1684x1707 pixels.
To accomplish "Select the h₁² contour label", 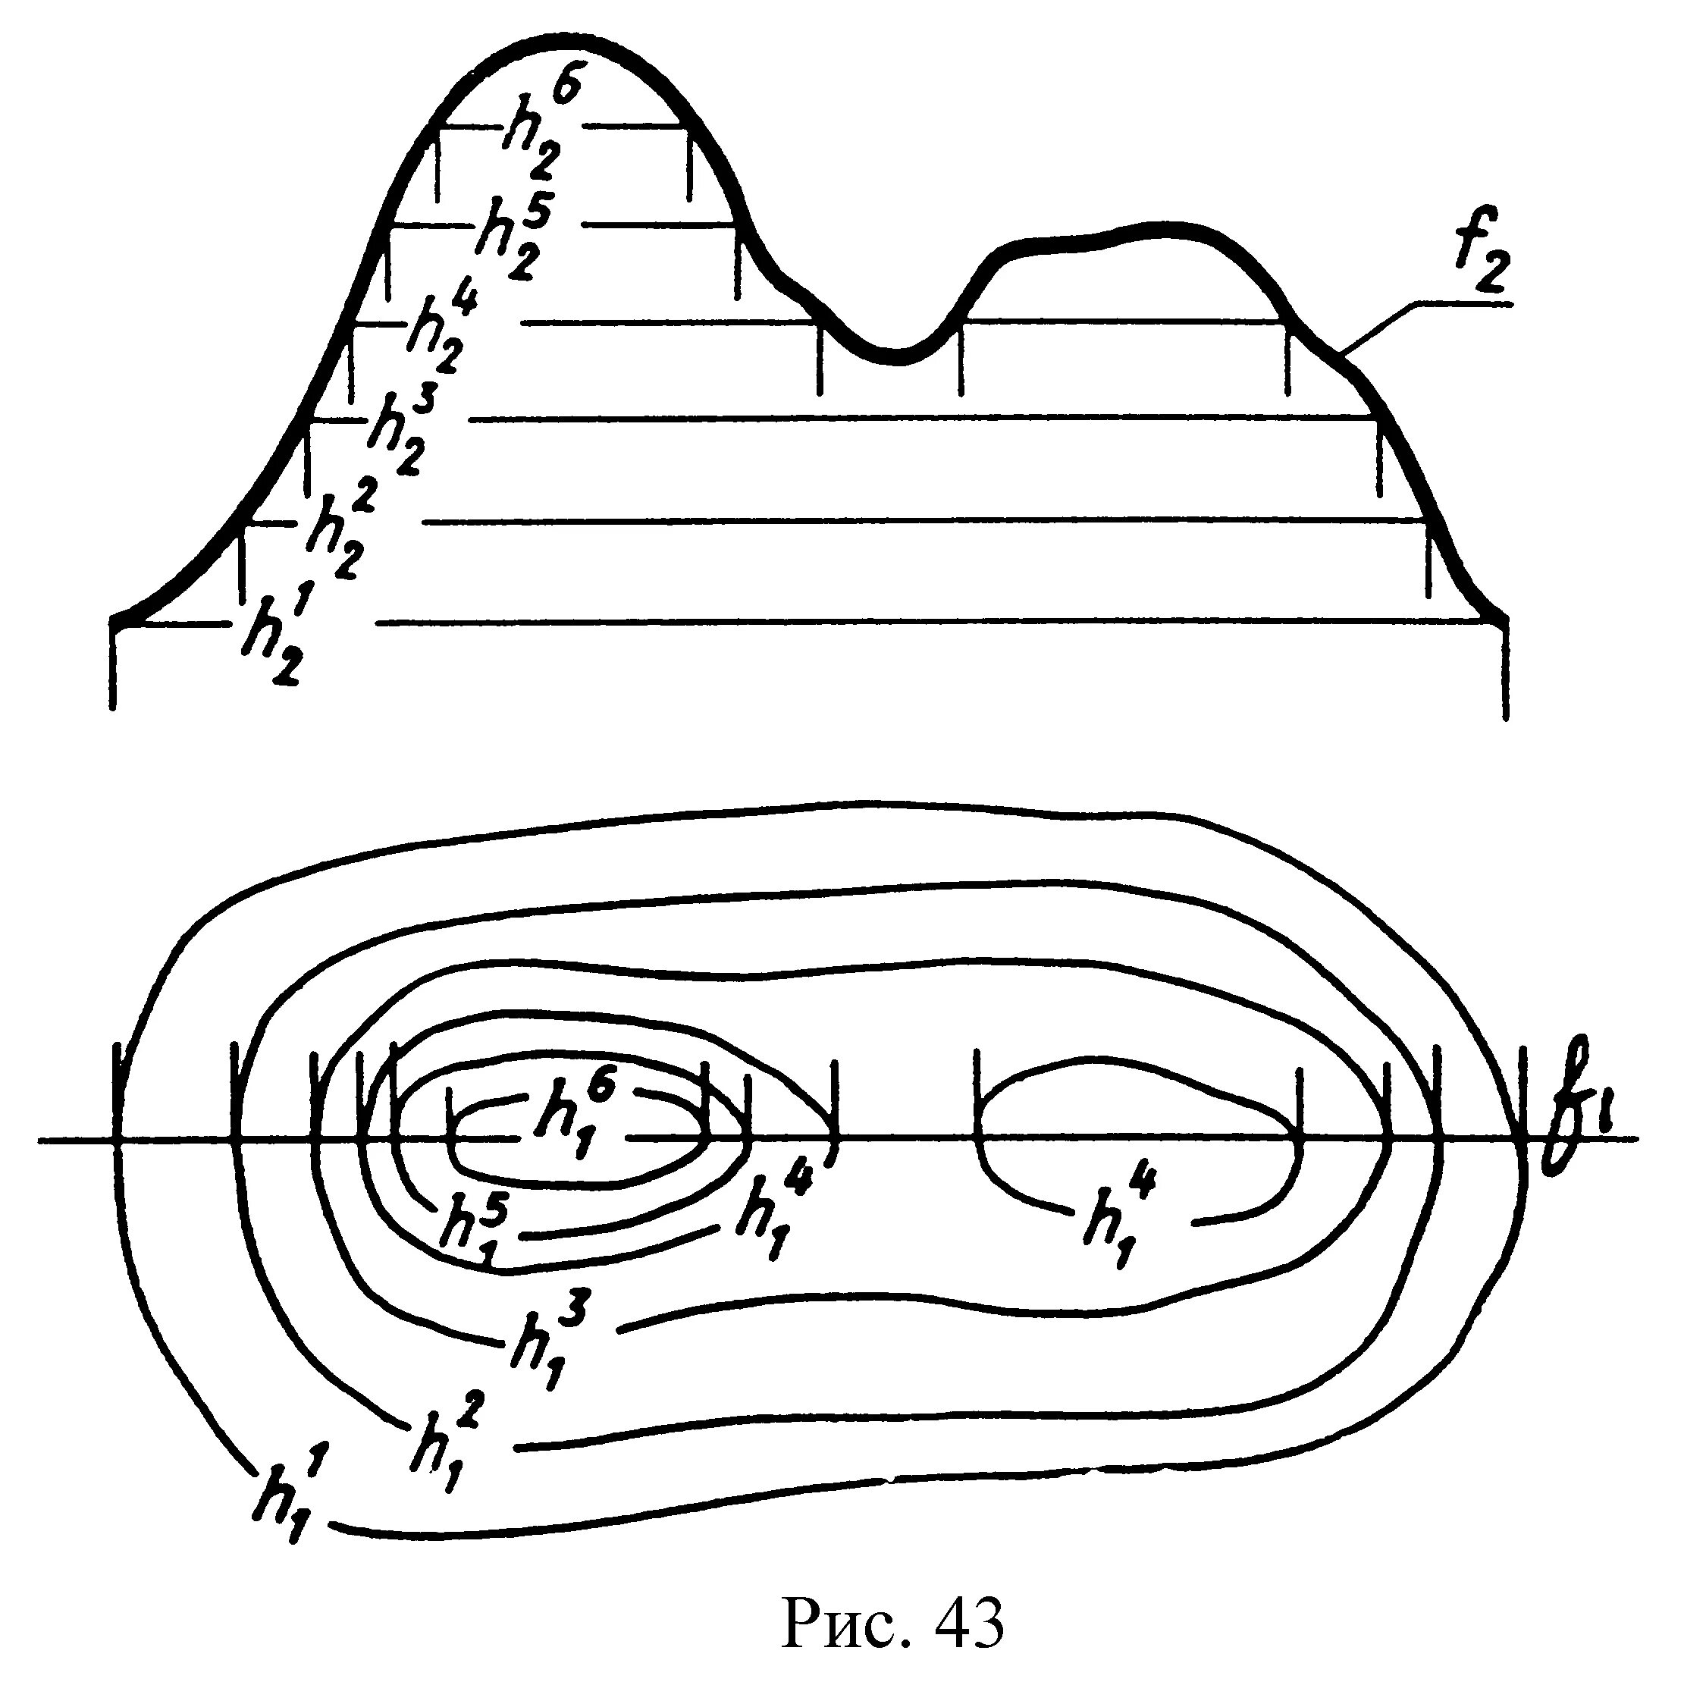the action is point(442,1445).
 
